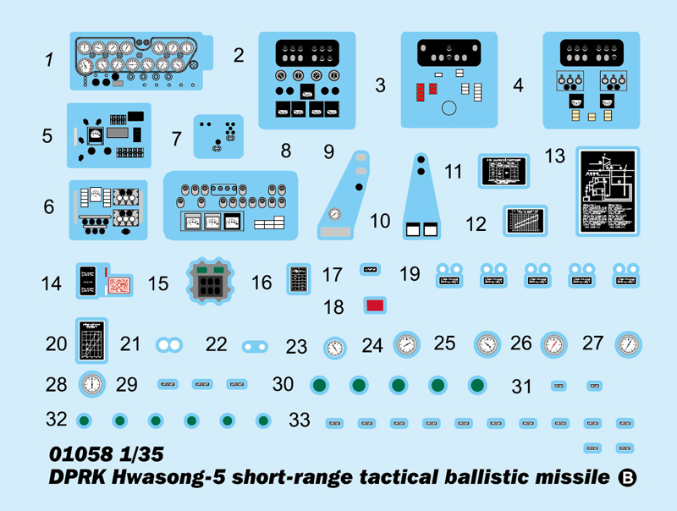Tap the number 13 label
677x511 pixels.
(x=555, y=157)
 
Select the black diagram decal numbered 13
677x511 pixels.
(x=608, y=193)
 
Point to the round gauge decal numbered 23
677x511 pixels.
(x=335, y=348)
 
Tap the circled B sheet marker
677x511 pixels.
(x=627, y=478)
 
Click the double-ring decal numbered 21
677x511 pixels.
(x=169, y=344)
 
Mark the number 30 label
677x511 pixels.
(x=283, y=384)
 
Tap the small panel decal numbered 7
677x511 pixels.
(x=218, y=135)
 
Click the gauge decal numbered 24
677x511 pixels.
(x=406, y=344)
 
